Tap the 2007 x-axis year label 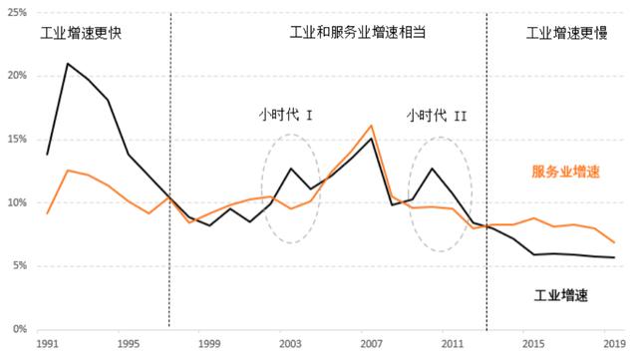371,343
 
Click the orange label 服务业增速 565,172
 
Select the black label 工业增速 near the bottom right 558,296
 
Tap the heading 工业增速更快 81,33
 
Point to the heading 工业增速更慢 566,33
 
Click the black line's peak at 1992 68,64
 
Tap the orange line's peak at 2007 371,126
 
